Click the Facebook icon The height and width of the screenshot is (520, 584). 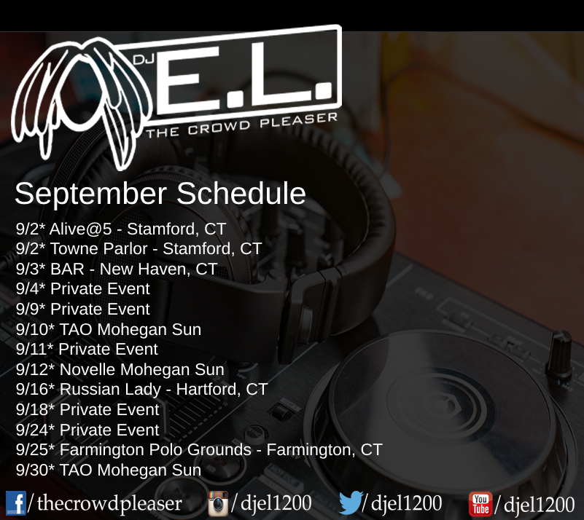pyautogui.click(x=16, y=503)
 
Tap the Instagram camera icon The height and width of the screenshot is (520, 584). pyautogui.click(x=218, y=504)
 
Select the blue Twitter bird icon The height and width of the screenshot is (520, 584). pyautogui.click(x=351, y=503)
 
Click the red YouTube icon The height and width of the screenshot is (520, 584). pyautogui.click(x=480, y=504)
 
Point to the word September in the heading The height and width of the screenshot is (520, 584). pyautogui.click(x=90, y=194)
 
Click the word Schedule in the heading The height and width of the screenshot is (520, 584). pyautogui.click(x=241, y=194)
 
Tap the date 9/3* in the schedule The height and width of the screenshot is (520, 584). pyautogui.click(x=31, y=269)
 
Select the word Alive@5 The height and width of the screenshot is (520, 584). pyautogui.click(x=80, y=229)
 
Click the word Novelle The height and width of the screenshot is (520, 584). pyautogui.click(x=87, y=369)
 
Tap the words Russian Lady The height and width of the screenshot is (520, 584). pyautogui.click(x=110, y=389)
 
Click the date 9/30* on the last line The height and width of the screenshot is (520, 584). pyautogui.click(x=36, y=470)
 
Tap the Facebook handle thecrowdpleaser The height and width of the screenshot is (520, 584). pyautogui.click(x=109, y=503)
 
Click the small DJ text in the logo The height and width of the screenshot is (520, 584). pyautogui.click(x=144, y=59)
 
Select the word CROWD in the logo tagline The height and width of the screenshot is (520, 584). pyautogui.click(x=219, y=127)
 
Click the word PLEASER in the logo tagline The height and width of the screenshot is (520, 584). pyautogui.click(x=299, y=119)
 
